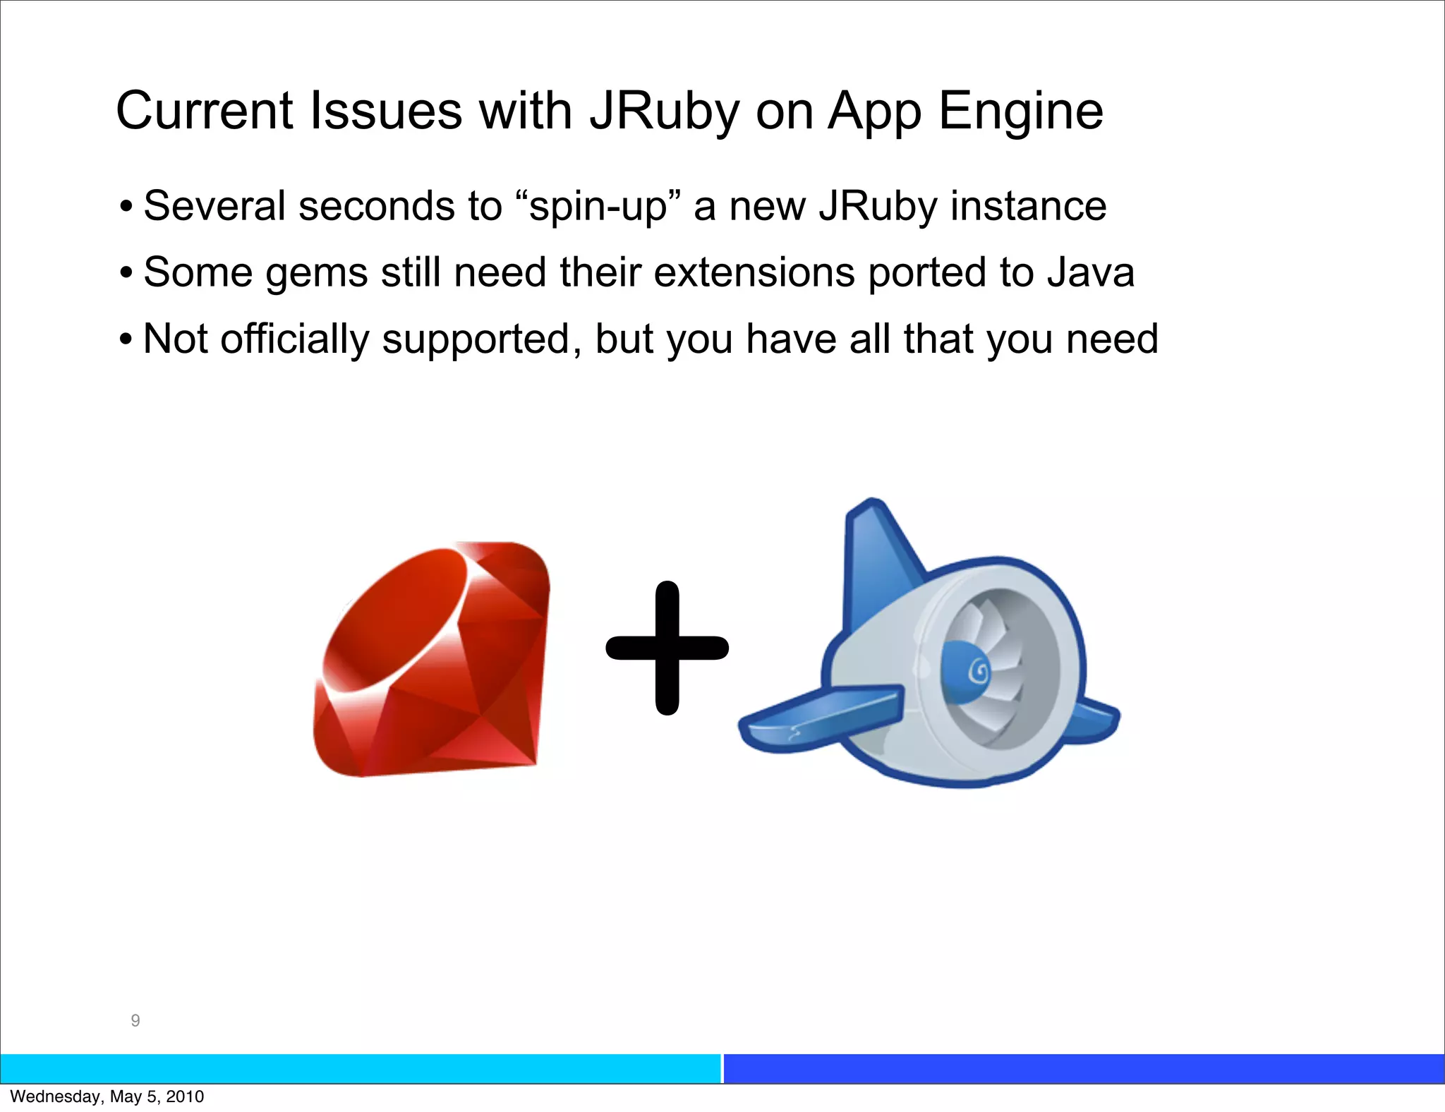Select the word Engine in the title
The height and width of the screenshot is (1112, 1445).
[x=1020, y=111]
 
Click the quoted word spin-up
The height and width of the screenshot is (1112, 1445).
[x=598, y=207]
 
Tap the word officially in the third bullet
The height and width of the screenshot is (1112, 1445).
[x=295, y=339]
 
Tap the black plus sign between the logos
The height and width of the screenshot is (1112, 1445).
[x=667, y=648]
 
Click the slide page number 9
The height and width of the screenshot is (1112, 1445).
[x=135, y=1020]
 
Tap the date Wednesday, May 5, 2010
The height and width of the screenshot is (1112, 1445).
[x=107, y=1096]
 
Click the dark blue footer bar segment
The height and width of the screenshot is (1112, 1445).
[x=1084, y=1068]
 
